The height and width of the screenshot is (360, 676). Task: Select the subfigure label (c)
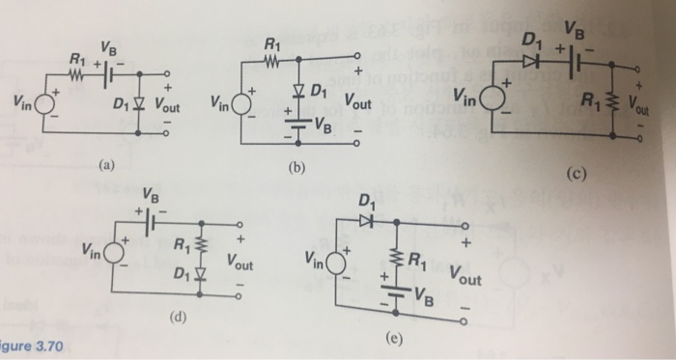577,174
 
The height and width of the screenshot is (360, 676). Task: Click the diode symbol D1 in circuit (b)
300,93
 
